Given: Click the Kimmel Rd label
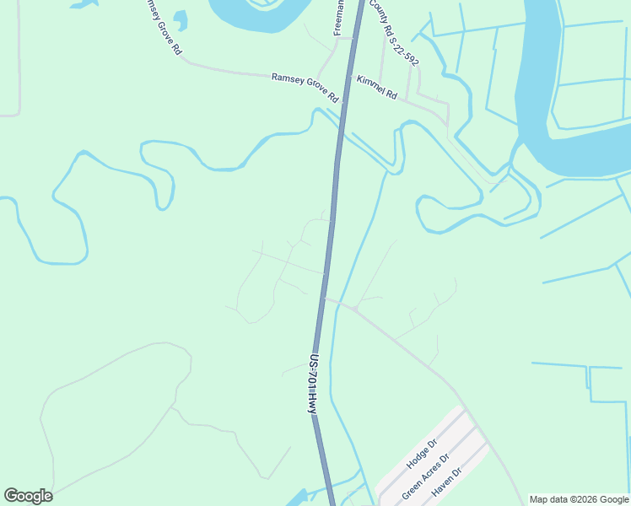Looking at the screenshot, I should pyautogui.click(x=377, y=88).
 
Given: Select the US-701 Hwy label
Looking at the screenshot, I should pyautogui.click(x=313, y=383).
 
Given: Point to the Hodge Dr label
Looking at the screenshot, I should pyautogui.click(x=422, y=453).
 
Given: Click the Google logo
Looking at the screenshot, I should pyautogui.click(x=28, y=496).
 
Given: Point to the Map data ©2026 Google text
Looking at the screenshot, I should pyautogui.click(x=579, y=499).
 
